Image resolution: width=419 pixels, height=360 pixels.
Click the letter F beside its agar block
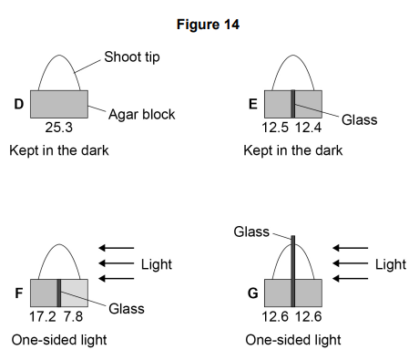click(x=19, y=293)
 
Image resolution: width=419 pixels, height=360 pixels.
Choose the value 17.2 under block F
click(x=42, y=318)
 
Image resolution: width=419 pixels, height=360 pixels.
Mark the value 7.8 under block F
click(x=76, y=318)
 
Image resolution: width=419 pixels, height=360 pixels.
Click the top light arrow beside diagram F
click(x=117, y=247)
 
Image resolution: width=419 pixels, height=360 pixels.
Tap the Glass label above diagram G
click(x=250, y=232)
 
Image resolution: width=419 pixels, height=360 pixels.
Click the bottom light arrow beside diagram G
click(x=351, y=278)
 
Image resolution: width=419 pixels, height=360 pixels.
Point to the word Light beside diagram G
click(x=391, y=263)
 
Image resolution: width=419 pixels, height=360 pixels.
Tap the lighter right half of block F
click(x=75, y=293)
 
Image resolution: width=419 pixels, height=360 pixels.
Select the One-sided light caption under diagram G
click(x=293, y=340)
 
